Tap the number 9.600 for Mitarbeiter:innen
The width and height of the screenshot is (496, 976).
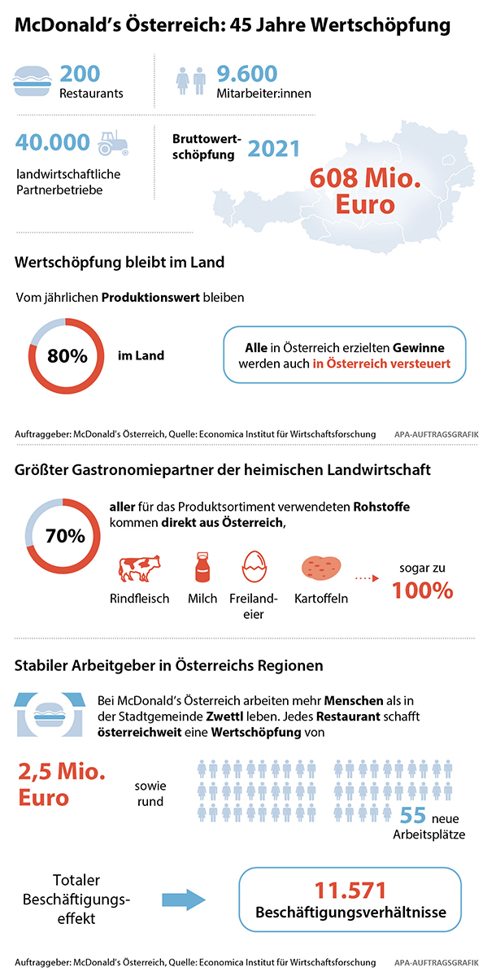click(x=247, y=73)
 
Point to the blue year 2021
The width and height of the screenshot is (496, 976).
click(x=274, y=149)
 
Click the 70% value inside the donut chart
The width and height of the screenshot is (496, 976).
click(x=65, y=536)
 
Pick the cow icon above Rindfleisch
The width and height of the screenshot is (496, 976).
click(x=139, y=567)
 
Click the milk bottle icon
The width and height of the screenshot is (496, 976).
click(x=202, y=567)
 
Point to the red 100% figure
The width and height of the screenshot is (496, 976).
click(x=422, y=590)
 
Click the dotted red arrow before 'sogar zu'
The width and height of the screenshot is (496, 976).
click(x=368, y=579)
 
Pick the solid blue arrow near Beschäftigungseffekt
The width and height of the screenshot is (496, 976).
click(x=185, y=899)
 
